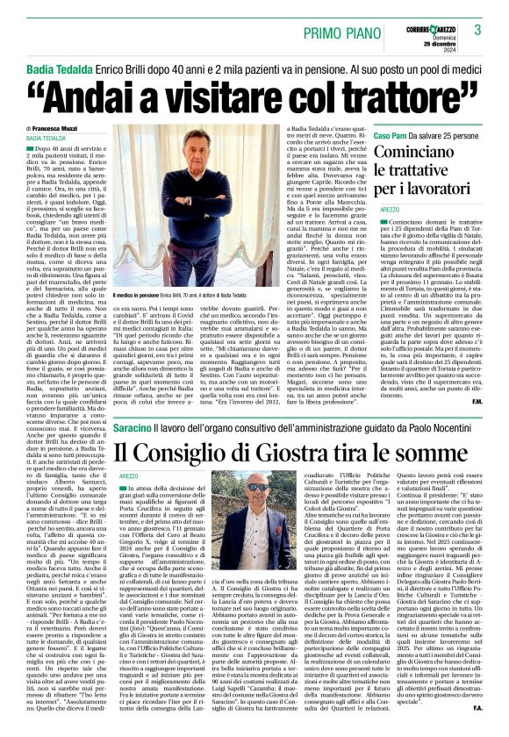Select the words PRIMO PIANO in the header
(337, 32)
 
